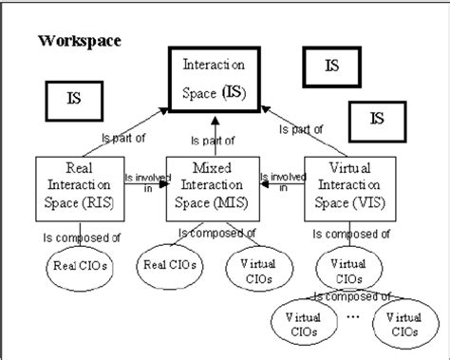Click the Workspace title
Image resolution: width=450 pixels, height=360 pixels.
tap(79, 42)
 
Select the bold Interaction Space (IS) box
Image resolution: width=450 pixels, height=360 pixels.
tap(213, 80)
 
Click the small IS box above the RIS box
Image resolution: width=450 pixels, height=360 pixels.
tap(73, 98)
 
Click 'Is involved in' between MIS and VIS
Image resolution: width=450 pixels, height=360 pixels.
tap(282, 181)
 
